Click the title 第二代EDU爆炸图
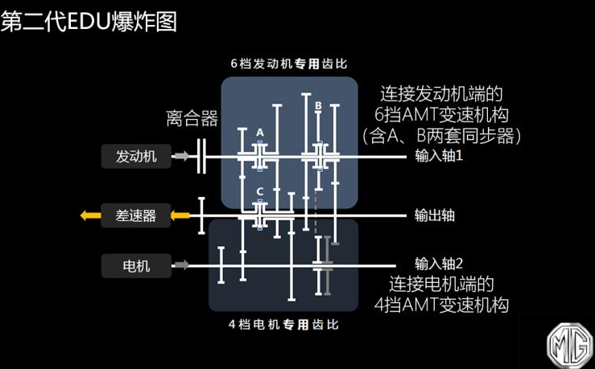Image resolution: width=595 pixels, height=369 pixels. tap(89, 21)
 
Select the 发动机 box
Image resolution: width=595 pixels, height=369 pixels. tap(136, 156)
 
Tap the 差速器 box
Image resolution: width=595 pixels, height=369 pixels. tap(135, 215)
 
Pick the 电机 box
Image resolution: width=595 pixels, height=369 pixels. tap(136, 264)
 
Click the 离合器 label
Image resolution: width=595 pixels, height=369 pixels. tap(192, 120)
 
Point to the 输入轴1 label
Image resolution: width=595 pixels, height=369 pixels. tap(439, 156)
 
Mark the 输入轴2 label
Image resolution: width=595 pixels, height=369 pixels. tap(440, 263)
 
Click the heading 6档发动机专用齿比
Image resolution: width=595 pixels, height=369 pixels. tap(289, 64)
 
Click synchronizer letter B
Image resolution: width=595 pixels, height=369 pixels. tap(318, 105)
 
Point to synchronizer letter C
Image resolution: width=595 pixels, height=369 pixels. tap(260, 191)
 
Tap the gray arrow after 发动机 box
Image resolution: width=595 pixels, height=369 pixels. tap(184, 156)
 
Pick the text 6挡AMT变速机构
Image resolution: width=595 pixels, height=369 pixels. tap(444, 113)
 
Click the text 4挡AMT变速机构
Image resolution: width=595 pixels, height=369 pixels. tap(443, 304)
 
